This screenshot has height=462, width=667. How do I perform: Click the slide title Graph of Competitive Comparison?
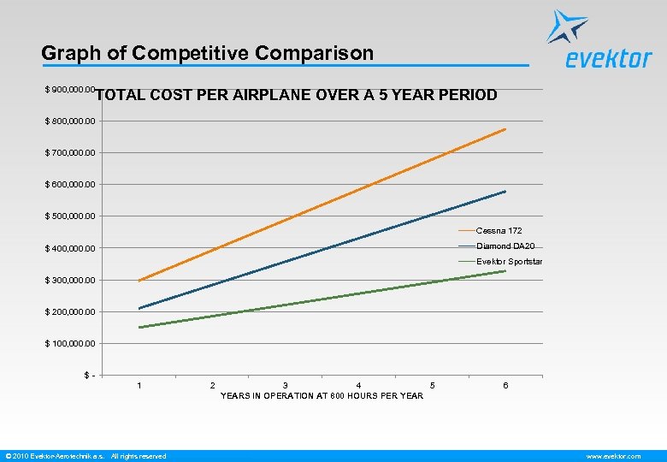[208, 53]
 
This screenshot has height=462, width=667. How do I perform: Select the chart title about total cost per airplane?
[297, 95]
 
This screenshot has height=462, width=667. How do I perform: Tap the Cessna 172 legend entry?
[499, 231]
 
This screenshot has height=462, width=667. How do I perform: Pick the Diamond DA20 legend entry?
[505, 246]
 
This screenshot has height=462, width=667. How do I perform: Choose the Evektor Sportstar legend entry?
[510, 262]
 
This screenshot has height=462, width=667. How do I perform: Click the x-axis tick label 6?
[505, 386]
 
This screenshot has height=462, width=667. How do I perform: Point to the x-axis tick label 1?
[139, 386]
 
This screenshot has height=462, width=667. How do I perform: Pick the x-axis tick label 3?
[286, 386]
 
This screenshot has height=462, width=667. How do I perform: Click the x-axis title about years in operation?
[322, 395]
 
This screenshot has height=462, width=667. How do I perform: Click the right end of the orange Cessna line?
[505, 129]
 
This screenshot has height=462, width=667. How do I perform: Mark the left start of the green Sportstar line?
[139, 327]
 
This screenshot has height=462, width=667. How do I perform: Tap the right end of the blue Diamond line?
[505, 192]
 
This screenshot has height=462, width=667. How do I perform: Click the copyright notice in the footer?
[86, 456]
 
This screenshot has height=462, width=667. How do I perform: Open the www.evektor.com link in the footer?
[613, 456]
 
